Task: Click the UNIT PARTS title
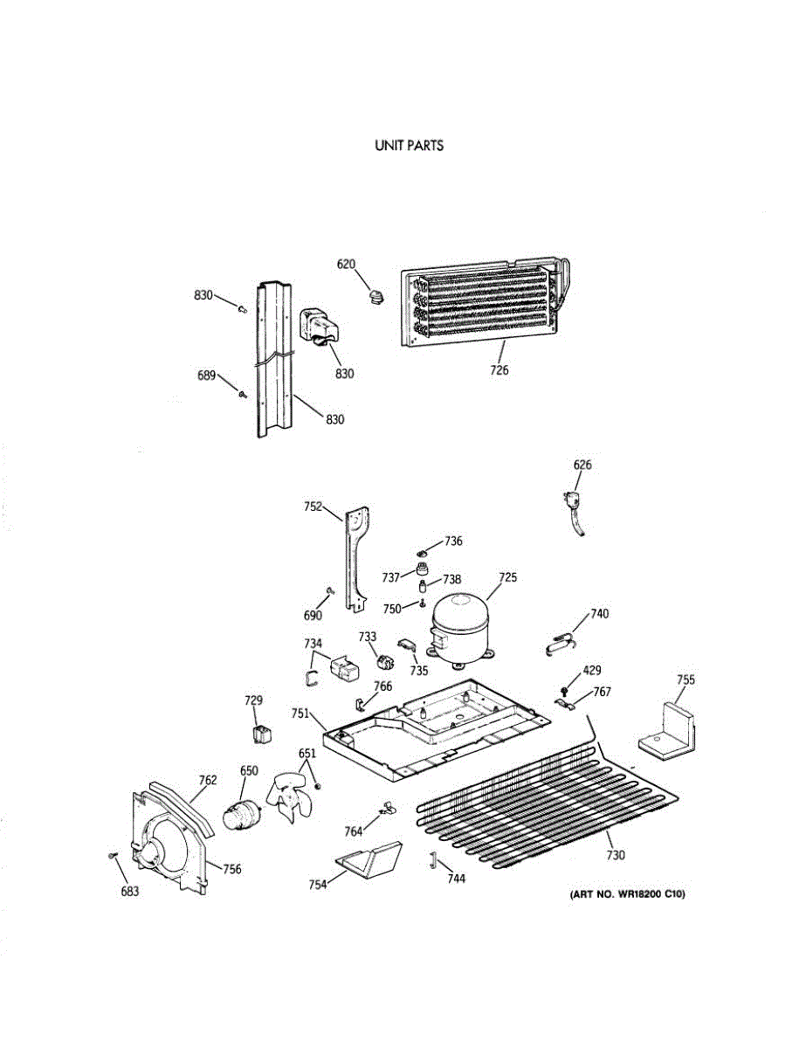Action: tap(409, 146)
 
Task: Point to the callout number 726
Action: tap(499, 370)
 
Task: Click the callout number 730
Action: tap(616, 855)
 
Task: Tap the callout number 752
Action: tap(313, 506)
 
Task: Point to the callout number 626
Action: tap(582, 465)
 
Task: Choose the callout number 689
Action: tap(206, 376)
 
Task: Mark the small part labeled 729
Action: tap(259, 732)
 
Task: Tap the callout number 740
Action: tap(599, 614)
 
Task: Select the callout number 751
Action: tap(301, 714)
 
